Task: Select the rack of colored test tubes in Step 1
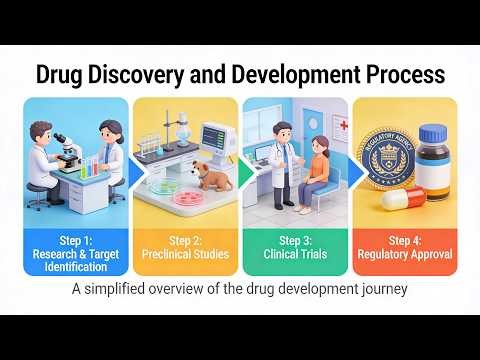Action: tap(91, 164)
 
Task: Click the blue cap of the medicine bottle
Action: tap(433, 133)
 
